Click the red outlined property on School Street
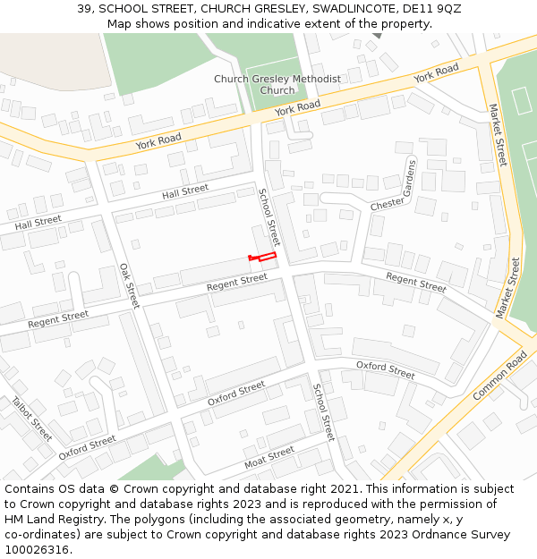[x=262, y=258]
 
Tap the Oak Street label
[x=130, y=285]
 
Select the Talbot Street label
[x=32, y=419]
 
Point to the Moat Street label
[x=269, y=458]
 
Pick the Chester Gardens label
[x=395, y=185]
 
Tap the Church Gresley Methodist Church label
[x=277, y=84]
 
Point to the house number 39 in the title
[x=85, y=8]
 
